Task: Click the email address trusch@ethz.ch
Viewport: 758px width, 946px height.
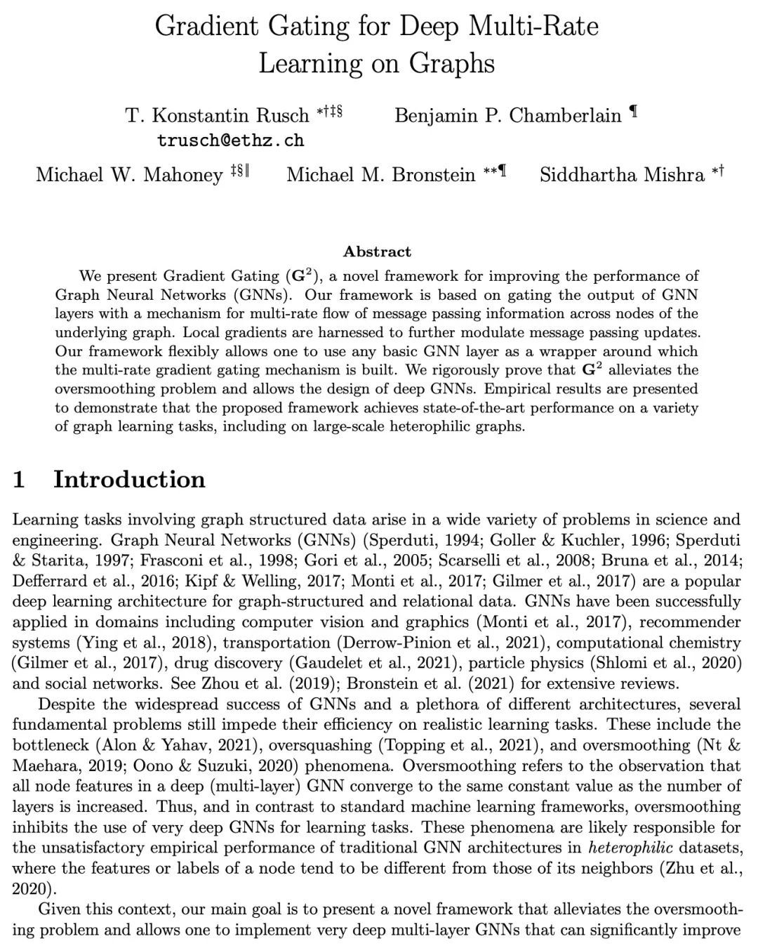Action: [230, 140]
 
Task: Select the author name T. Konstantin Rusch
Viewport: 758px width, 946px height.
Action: [217, 115]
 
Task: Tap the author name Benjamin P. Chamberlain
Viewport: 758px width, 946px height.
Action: [508, 115]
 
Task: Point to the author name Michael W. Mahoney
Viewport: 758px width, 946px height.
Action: [129, 175]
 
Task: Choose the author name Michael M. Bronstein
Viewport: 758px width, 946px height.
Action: [380, 175]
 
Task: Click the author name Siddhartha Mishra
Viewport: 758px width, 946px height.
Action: [622, 175]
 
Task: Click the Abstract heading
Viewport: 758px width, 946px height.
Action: [377, 251]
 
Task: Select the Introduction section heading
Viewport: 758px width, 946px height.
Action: [129, 480]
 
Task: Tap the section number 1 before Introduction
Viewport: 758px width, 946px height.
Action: [20, 480]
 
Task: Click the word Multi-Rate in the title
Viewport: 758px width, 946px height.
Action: [535, 27]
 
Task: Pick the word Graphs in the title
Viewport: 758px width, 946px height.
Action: [452, 63]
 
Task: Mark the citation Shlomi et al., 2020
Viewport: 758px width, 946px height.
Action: [663, 663]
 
